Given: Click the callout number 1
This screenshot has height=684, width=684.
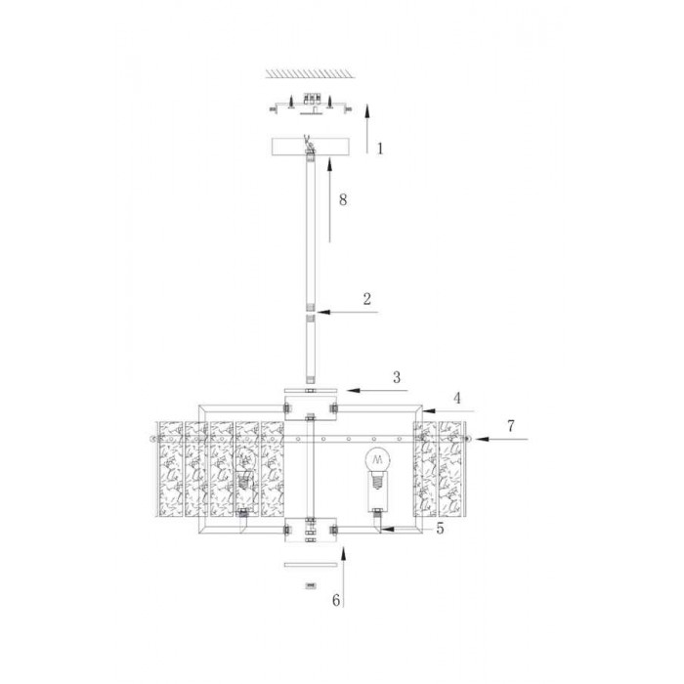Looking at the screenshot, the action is pyautogui.click(x=380, y=149).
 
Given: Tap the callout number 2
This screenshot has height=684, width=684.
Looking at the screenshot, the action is pyautogui.click(x=366, y=299).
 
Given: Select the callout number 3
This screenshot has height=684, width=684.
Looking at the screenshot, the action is pyautogui.click(x=397, y=377).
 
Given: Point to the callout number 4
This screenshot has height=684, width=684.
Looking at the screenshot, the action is pyautogui.click(x=457, y=398).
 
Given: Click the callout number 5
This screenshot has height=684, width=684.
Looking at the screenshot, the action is pyautogui.click(x=440, y=529).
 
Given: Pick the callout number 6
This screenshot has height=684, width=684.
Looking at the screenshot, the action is pyautogui.click(x=336, y=600).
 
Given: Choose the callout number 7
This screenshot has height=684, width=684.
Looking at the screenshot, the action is pyautogui.click(x=511, y=426).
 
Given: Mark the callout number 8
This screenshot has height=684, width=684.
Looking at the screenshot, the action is pyautogui.click(x=343, y=199).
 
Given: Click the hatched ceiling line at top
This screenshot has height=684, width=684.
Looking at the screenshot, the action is pyautogui.click(x=310, y=73).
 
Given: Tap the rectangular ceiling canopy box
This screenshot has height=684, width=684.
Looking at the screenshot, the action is pyautogui.click(x=311, y=147).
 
